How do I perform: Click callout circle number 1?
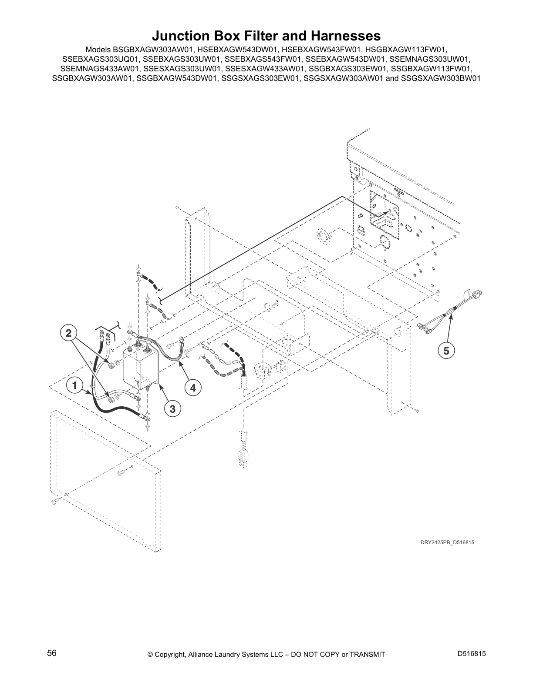pos(75,385)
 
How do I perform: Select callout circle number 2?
pos(68,334)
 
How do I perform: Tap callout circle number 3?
pos(172,409)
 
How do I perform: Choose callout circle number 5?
pos(446,350)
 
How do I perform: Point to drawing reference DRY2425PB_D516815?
pos(447,542)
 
